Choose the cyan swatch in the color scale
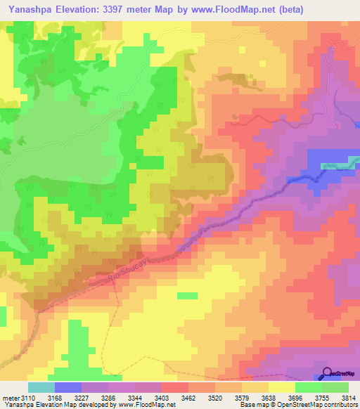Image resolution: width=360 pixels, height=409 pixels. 41,387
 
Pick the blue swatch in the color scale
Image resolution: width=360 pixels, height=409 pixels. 68,387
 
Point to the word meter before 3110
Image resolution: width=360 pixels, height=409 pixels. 13,397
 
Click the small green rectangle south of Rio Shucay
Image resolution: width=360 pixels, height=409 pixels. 187,295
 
